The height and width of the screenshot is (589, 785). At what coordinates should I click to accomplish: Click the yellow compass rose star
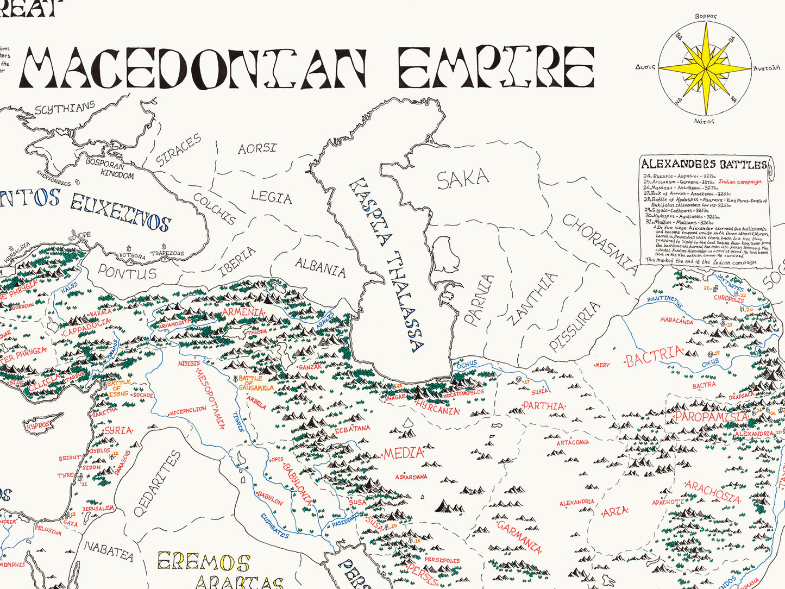coord(705,68)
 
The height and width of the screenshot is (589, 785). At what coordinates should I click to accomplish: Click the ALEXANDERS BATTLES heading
coord(704,164)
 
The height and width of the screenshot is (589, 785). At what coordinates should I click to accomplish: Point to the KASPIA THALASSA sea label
coord(386,264)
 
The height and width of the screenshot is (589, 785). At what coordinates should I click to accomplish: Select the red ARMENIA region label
coord(243,313)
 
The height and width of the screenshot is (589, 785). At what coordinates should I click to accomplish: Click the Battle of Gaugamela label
coord(255,383)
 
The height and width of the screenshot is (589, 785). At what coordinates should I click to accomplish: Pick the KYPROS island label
coord(39,424)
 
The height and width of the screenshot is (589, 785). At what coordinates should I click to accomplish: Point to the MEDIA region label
coord(404,453)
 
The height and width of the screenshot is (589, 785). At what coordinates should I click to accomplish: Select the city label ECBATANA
coord(352,429)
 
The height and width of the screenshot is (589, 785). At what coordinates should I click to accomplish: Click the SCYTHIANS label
coord(65,108)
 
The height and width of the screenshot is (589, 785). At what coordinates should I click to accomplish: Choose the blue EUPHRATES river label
coord(274,525)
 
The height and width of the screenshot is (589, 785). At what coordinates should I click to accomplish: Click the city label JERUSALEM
coord(98,509)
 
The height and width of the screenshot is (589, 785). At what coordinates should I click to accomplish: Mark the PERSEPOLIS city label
coord(442,560)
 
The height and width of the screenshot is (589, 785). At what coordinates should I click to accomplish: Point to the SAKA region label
coord(463,179)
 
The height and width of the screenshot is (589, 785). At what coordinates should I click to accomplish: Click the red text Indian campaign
coord(740,182)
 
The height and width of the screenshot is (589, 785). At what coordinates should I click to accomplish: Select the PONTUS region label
coord(127,272)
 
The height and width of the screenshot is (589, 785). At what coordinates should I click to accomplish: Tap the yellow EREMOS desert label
coord(203,561)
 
